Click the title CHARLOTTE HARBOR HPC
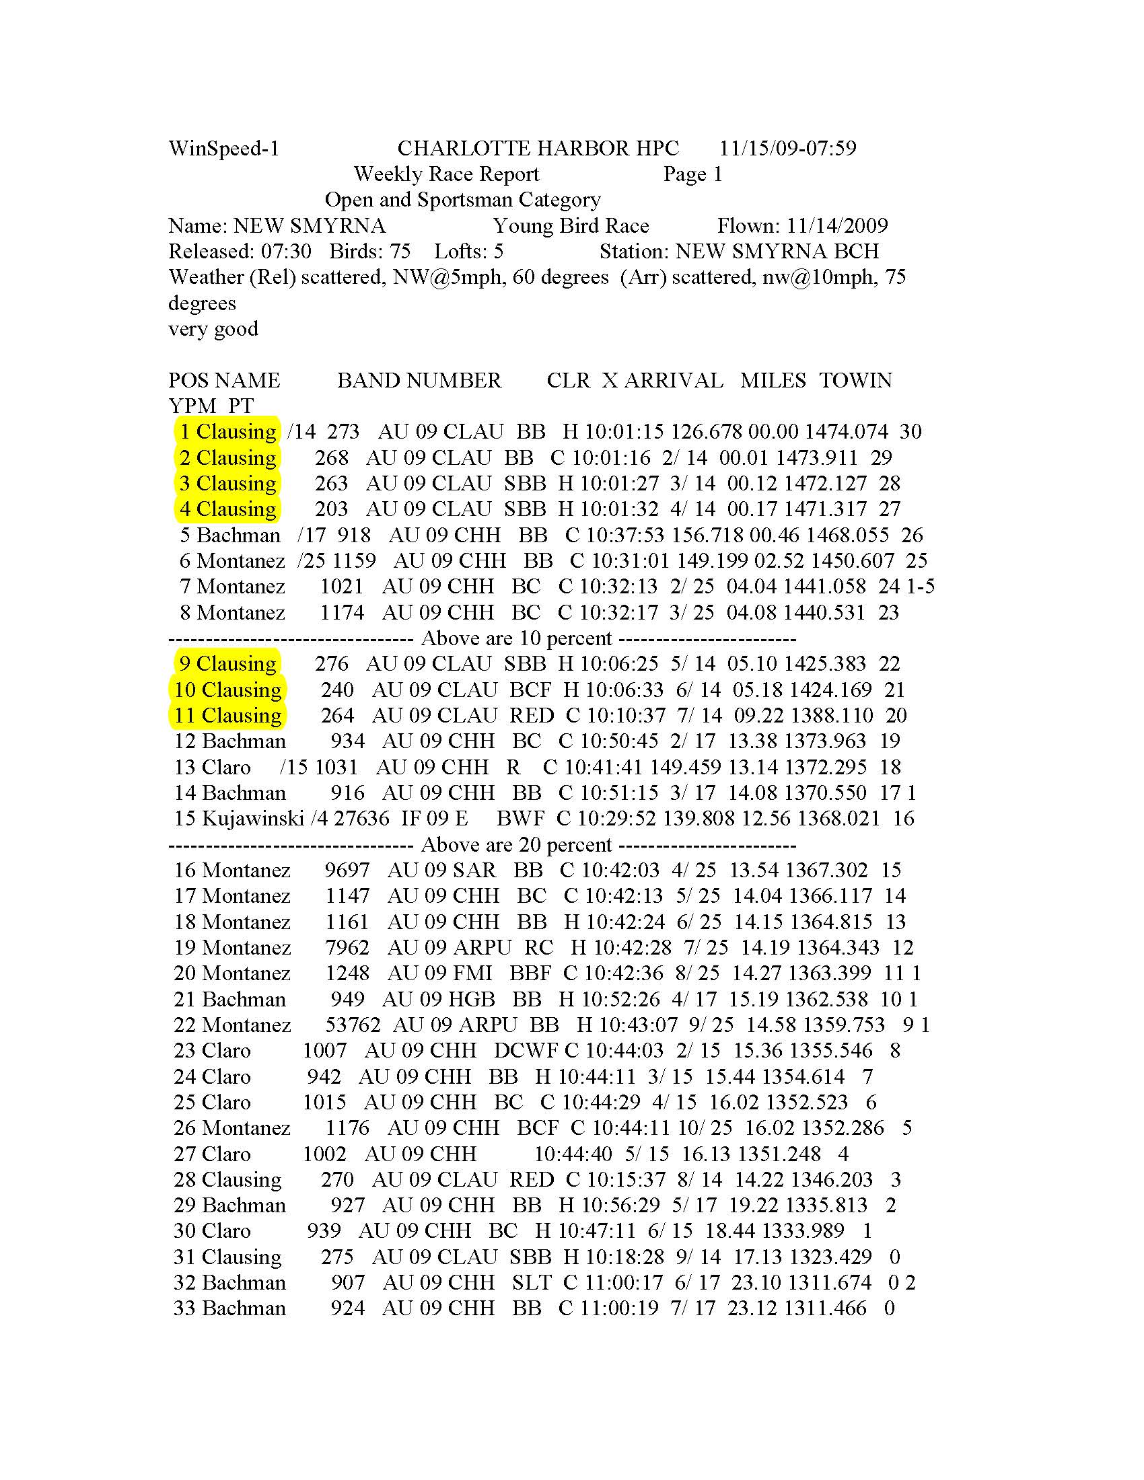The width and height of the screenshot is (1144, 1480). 538,149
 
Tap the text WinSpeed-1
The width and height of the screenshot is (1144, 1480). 223,149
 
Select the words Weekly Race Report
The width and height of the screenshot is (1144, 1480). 446,174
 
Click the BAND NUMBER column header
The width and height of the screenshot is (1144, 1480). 419,380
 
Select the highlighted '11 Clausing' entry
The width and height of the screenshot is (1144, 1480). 227,716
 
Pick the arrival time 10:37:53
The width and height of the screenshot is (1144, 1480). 625,535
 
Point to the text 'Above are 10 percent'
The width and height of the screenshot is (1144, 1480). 516,638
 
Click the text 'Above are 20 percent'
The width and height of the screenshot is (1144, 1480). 516,844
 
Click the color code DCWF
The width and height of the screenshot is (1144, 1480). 526,1050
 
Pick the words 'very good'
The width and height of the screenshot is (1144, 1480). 213,329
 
